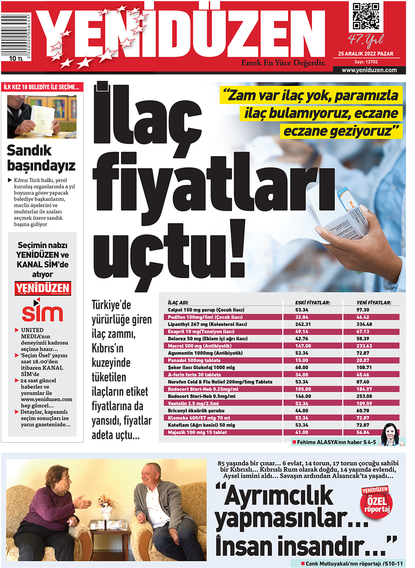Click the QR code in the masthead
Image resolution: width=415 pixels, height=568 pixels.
point(366,16)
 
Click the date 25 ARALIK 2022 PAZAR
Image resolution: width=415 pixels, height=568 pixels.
point(366,54)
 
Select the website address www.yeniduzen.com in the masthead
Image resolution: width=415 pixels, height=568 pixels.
point(369,70)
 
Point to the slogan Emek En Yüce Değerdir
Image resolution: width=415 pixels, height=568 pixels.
point(283,63)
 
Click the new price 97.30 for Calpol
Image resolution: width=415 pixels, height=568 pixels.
point(363,310)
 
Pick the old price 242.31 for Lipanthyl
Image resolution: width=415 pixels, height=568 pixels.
point(303,324)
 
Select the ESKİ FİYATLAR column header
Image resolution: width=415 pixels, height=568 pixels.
point(312,303)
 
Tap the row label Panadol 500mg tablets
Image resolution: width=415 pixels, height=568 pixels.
point(194,360)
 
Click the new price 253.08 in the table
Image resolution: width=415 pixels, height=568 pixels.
point(364,396)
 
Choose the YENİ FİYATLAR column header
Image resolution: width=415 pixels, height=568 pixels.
point(373,303)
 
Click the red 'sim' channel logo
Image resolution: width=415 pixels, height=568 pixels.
point(42,312)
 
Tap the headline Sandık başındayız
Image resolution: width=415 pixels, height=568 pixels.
point(41,158)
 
